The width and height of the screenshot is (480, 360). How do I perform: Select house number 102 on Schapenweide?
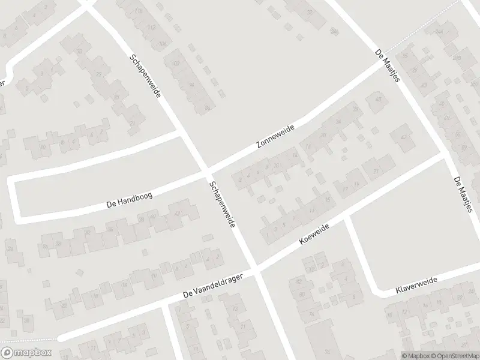coord(176,63)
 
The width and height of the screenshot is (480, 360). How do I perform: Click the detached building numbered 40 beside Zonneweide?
coord(377,100)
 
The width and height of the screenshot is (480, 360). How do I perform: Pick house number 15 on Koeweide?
coord(328,200)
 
